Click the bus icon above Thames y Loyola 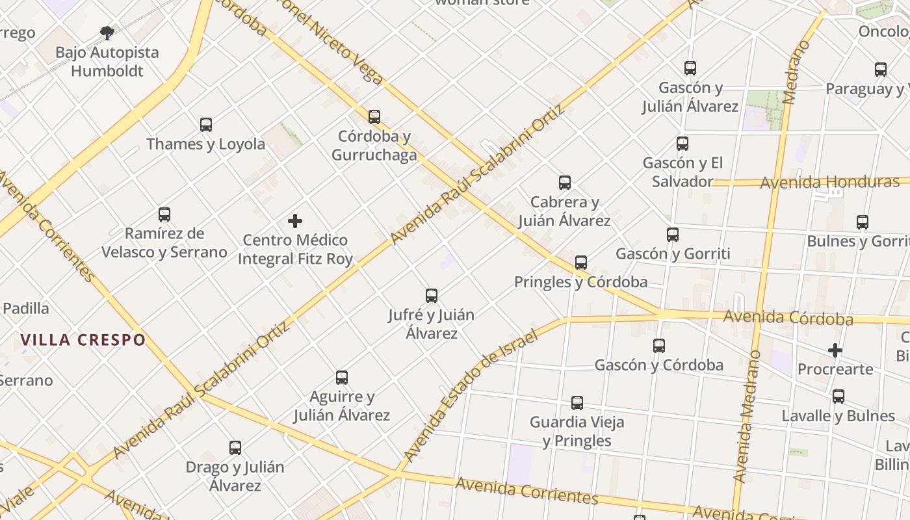(x=206, y=125)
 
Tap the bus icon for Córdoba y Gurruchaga (x=374, y=117)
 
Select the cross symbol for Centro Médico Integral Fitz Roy (x=295, y=221)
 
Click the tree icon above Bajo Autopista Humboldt (x=107, y=32)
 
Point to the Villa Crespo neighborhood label (x=83, y=340)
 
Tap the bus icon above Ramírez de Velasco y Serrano (x=164, y=214)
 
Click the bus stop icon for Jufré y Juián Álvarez (x=432, y=296)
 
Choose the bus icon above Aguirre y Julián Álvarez (x=342, y=378)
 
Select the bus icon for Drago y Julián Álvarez (x=235, y=448)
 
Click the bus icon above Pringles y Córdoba (x=581, y=263)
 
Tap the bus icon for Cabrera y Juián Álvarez (x=565, y=183)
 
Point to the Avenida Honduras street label (x=829, y=183)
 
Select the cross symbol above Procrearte (x=835, y=351)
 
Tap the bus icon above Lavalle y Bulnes (x=838, y=396)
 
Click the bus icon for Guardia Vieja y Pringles (x=577, y=403)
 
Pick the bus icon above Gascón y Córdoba (x=659, y=346)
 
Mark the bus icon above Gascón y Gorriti (x=673, y=235)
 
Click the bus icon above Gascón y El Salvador (x=682, y=144)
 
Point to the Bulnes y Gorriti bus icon (x=863, y=222)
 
